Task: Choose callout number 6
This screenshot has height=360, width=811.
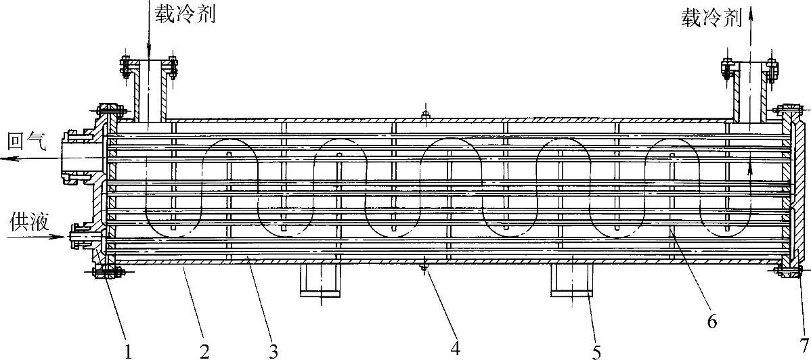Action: tap(711, 322)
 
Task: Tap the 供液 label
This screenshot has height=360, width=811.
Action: tap(29, 222)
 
